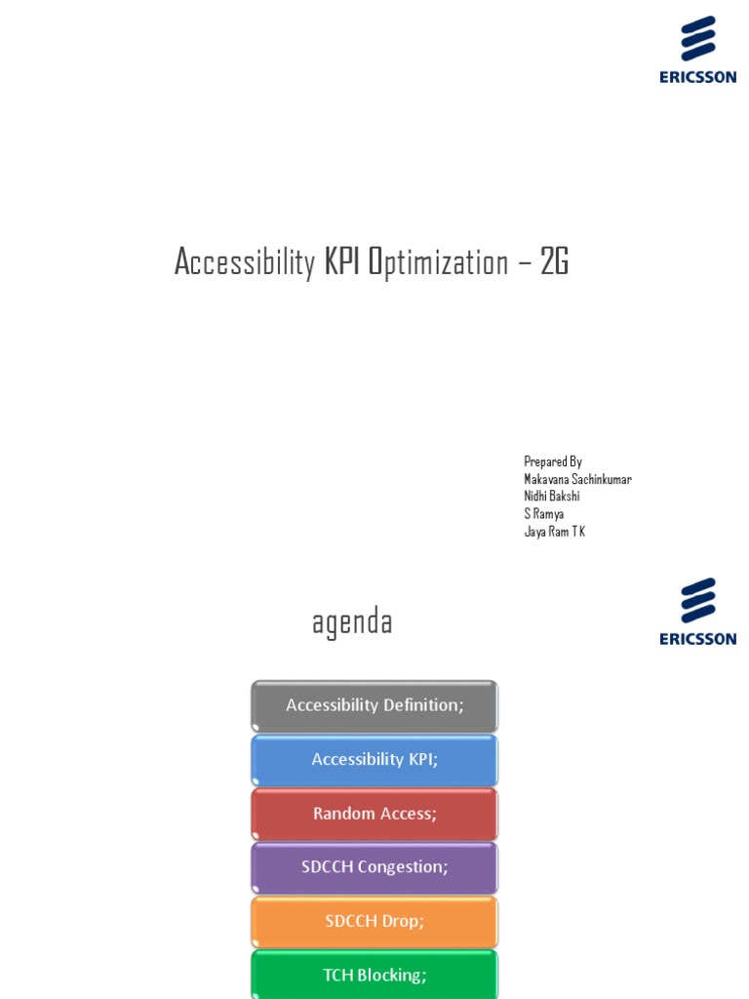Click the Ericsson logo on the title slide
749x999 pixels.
tap(697, 50)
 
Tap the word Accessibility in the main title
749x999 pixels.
tap(245, 261)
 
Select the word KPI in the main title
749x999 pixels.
tap(341, 261)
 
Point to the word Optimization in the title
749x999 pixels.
tap(438, 261)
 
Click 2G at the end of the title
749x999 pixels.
tap(554, 261)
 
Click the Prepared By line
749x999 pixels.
tap(553, 461)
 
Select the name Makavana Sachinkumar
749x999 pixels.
tap(577, 479)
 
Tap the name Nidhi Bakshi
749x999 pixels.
tap(552, 497)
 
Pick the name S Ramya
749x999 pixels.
tap(544, 514)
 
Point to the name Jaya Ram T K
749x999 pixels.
tap(555, 532)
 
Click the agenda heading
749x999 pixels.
tap(352, 621)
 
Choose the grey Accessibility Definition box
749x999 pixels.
tap(374, 705)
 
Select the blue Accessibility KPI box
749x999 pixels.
tap(374, 759)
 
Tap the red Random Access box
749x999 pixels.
tap(374, 814)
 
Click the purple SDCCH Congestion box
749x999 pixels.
tap(374, 867)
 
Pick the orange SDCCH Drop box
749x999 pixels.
tap(374, 921)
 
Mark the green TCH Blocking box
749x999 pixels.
tap(374, 975)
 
